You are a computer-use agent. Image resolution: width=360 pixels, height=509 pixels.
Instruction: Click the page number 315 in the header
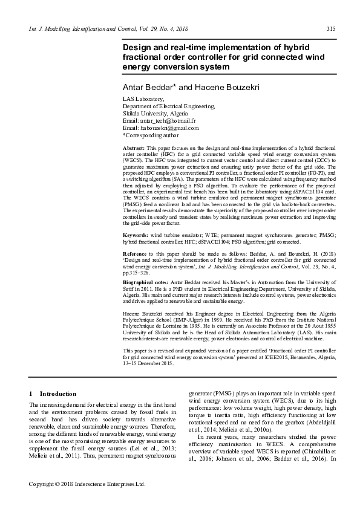pyautogui.click(x=331, y=29)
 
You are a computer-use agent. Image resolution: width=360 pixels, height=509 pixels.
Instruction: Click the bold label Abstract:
pyautogui.click(x=134, y=148)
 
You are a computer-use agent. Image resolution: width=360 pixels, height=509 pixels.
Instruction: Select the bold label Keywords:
pyautogui.click(x=136, y=234)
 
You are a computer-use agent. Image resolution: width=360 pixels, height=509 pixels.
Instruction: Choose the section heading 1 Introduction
pyautogui.click(x=53, y=394)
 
